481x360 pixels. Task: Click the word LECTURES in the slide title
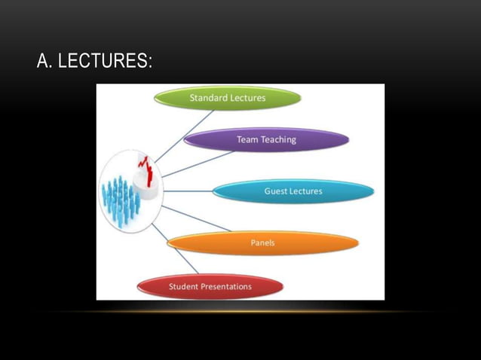105,62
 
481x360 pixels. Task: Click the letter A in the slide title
43,62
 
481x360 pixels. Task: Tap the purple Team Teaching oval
266,139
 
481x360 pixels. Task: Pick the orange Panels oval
262,243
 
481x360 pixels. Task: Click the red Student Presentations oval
210,286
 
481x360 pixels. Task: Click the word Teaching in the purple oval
278,139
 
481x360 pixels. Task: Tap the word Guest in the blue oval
276,191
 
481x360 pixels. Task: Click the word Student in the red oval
183,286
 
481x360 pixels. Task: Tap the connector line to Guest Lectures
188,191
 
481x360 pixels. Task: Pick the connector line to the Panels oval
196,218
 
